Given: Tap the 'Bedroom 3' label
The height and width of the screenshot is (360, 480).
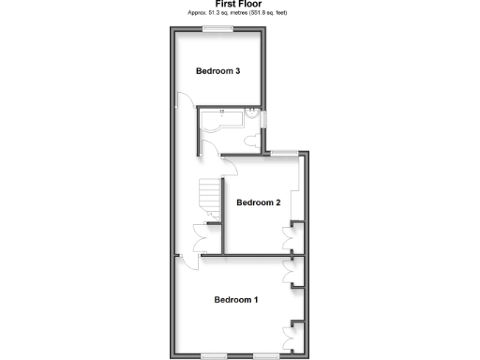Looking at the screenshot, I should coord(218,71).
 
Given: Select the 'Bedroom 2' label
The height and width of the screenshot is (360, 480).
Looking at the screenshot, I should coord(259,202).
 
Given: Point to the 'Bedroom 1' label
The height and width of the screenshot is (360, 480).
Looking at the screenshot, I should coord(236,300).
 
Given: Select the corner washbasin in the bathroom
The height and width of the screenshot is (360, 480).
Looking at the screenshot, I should coord(253,116).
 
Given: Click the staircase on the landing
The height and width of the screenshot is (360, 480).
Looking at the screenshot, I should coord(207,199).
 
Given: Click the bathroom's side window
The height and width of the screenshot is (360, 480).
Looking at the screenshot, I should coord(265,119).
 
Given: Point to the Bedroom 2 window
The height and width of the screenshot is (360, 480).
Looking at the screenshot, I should coord(285,153).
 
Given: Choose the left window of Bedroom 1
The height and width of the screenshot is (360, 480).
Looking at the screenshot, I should coord(217,355).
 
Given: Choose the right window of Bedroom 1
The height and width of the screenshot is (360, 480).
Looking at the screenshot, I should coord(267,355).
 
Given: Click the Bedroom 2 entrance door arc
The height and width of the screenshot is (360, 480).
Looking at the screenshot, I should coord(228,167).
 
